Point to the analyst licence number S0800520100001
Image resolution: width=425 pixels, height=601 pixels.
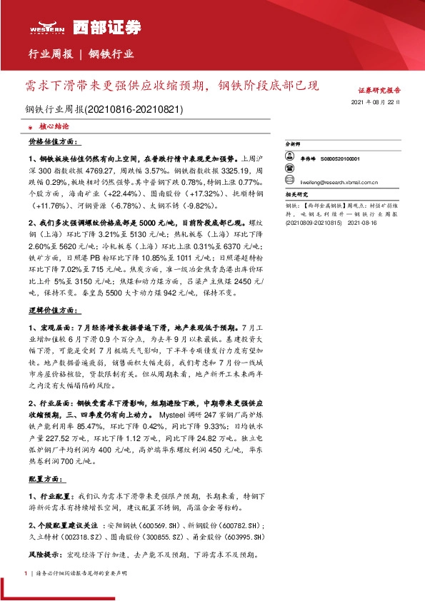[x=340, y=159]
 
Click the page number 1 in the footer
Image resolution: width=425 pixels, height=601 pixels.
[x=26, y=573]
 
